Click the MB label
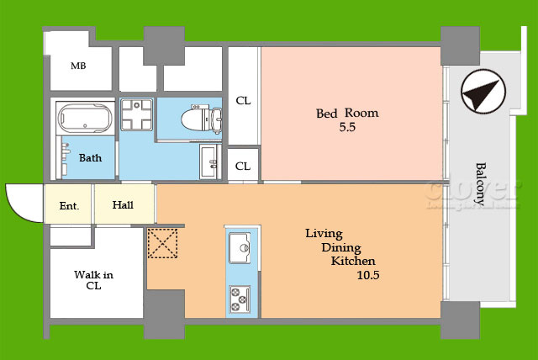(78, 66)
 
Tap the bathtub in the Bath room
(82, 118)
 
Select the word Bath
(90, 157)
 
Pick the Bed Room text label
(346, 113)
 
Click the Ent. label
(69, 204)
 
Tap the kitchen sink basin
(239, 246)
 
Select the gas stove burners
(239, 297)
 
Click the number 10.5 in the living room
(368, 275)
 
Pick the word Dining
(340, 247)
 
